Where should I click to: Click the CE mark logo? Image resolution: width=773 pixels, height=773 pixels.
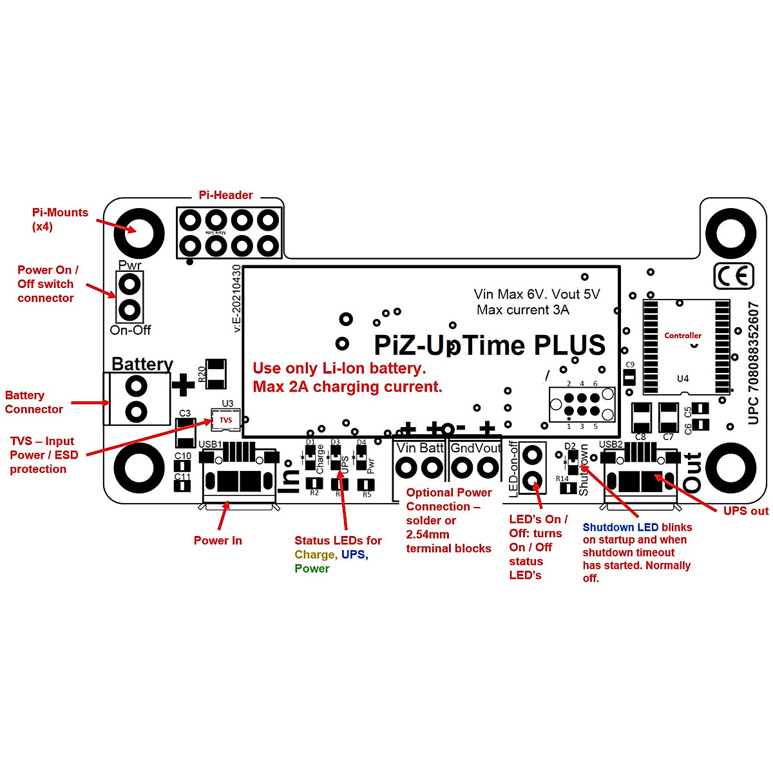coord(734,276)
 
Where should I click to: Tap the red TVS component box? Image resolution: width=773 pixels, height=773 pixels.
coord(225,420)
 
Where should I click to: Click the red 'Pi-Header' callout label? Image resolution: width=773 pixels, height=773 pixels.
coord(225,195)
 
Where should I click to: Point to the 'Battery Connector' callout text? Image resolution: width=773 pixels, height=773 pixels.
coord(33,402)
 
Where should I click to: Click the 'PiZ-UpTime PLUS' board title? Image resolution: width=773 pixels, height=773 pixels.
coord(490,345)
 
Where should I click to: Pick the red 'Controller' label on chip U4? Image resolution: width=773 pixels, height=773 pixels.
coord(683,336)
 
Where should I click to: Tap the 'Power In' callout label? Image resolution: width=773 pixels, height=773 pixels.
coord(218,540)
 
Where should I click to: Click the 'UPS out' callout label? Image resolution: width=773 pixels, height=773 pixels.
coord(745,511)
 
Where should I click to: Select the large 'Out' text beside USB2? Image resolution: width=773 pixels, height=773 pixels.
coord(692,473)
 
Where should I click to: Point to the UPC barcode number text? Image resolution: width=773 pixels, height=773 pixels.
coord(754,363)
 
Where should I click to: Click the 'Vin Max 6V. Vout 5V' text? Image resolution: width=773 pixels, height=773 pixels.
coord(537,294)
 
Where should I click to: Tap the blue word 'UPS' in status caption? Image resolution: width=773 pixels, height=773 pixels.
coord(353,555)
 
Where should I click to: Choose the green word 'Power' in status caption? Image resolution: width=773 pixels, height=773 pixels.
coord(312,569)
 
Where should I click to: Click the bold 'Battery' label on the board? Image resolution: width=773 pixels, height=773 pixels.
coord(142,364)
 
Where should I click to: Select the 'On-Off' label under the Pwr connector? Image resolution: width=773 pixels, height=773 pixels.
coord(130,330)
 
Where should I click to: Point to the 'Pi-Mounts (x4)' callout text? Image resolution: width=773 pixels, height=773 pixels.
coord(60,220)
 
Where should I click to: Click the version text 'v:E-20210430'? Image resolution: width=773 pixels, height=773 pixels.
coord(236,298)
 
